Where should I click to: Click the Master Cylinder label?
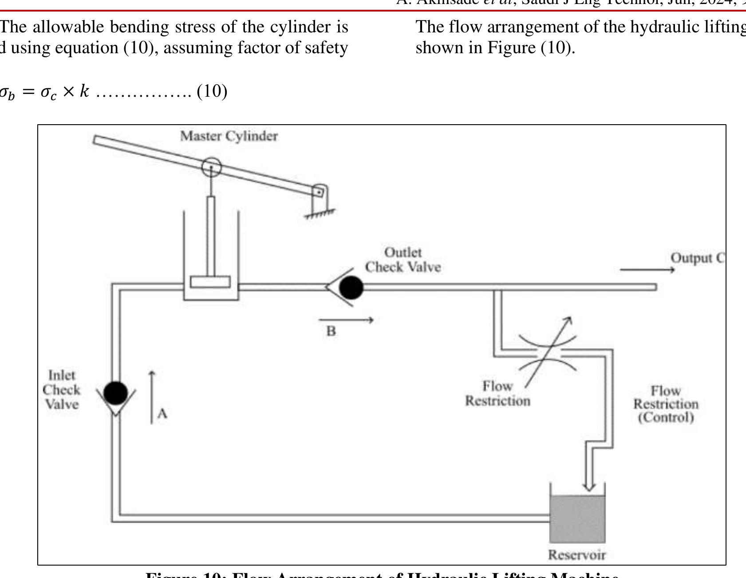click(x=229, y=136)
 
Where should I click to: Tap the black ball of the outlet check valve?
click(x=351, y=287)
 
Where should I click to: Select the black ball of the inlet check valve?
click(x=115, y=393)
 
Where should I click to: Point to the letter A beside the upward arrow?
click(x=162, y=413)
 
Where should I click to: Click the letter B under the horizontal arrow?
click(x=331, y=331)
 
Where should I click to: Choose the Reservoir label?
click(x=576, y=554)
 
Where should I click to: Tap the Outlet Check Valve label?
click(x=403, y=260)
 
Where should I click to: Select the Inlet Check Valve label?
click(x=61, y=389)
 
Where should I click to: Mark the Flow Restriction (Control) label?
click(x=665, y=404)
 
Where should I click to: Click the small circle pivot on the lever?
click(x=211, y=167)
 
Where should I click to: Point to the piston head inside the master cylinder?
click(x=210, y=282)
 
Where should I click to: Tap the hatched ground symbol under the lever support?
click(x=320, y=214)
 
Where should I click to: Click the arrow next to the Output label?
click(x=647, y=269)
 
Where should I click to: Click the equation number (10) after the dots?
click(x=212, y=91)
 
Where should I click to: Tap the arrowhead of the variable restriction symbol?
click(x=568, y=319)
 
